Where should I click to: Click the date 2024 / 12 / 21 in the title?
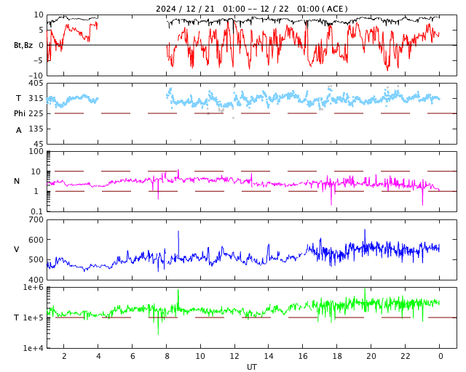(x=186, y=9)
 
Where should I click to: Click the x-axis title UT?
(x=251, y=367)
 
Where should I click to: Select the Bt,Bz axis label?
(x=23, y=45)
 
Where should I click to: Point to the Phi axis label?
(x=20, y=113)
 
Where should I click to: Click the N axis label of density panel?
(x=17, y=181)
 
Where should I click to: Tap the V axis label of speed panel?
(x=17, y=249)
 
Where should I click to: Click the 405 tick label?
(x=36, y=84)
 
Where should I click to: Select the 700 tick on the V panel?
(x=36, y=220)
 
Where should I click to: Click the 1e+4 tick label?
(x=33, y=348)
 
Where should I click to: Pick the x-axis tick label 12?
(x=234, y=356)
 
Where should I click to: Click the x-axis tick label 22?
(x=406, y=356)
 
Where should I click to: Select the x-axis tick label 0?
(x=440, y=356)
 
